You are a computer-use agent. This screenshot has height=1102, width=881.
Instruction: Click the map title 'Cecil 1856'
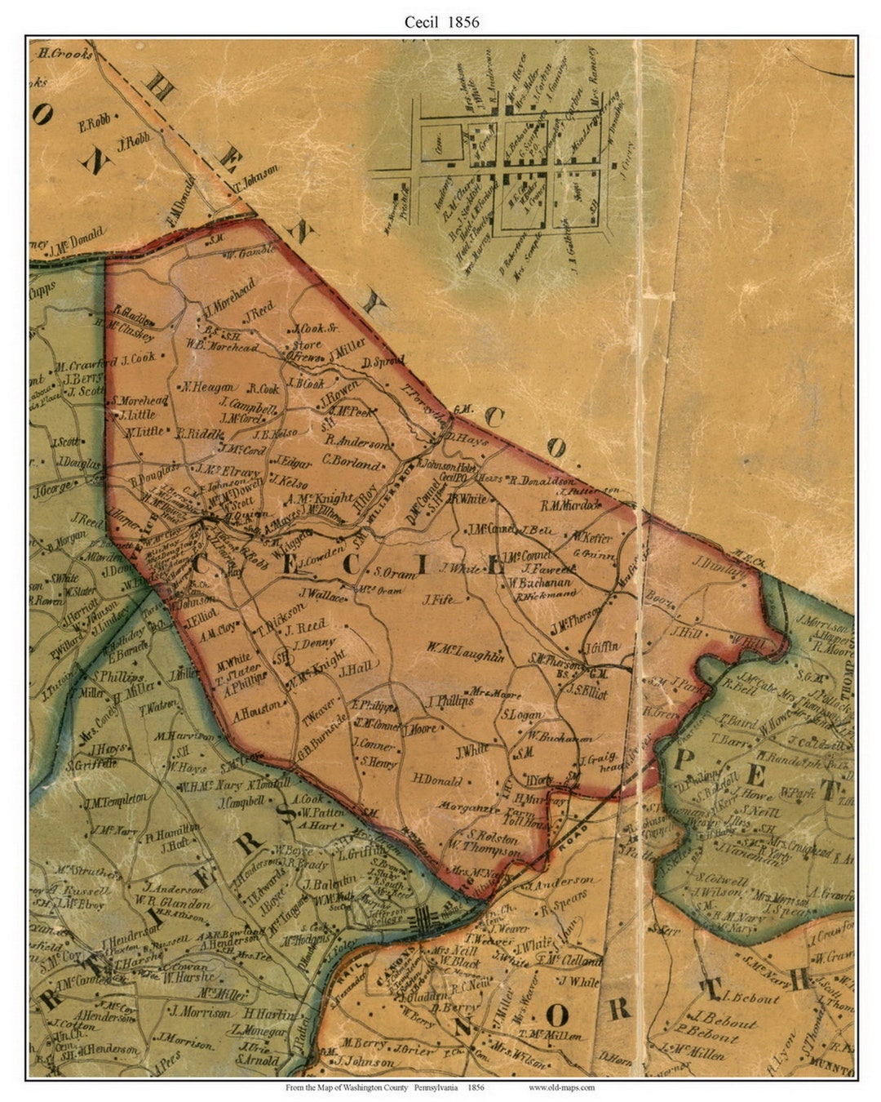click(x=441, y=22)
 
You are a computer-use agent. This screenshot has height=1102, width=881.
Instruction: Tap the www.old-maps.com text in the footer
click(x=561, y=1086)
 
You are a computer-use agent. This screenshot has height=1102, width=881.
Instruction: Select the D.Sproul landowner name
click(x=382, y=362)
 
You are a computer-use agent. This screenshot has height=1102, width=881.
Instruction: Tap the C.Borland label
click(x=352, y=462)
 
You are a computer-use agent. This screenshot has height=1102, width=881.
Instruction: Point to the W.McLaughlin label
click(x=466, y=651)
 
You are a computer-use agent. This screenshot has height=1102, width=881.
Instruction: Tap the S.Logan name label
click(x=521, y=715)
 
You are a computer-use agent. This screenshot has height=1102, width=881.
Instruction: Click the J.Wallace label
click(x=323, y=595)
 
